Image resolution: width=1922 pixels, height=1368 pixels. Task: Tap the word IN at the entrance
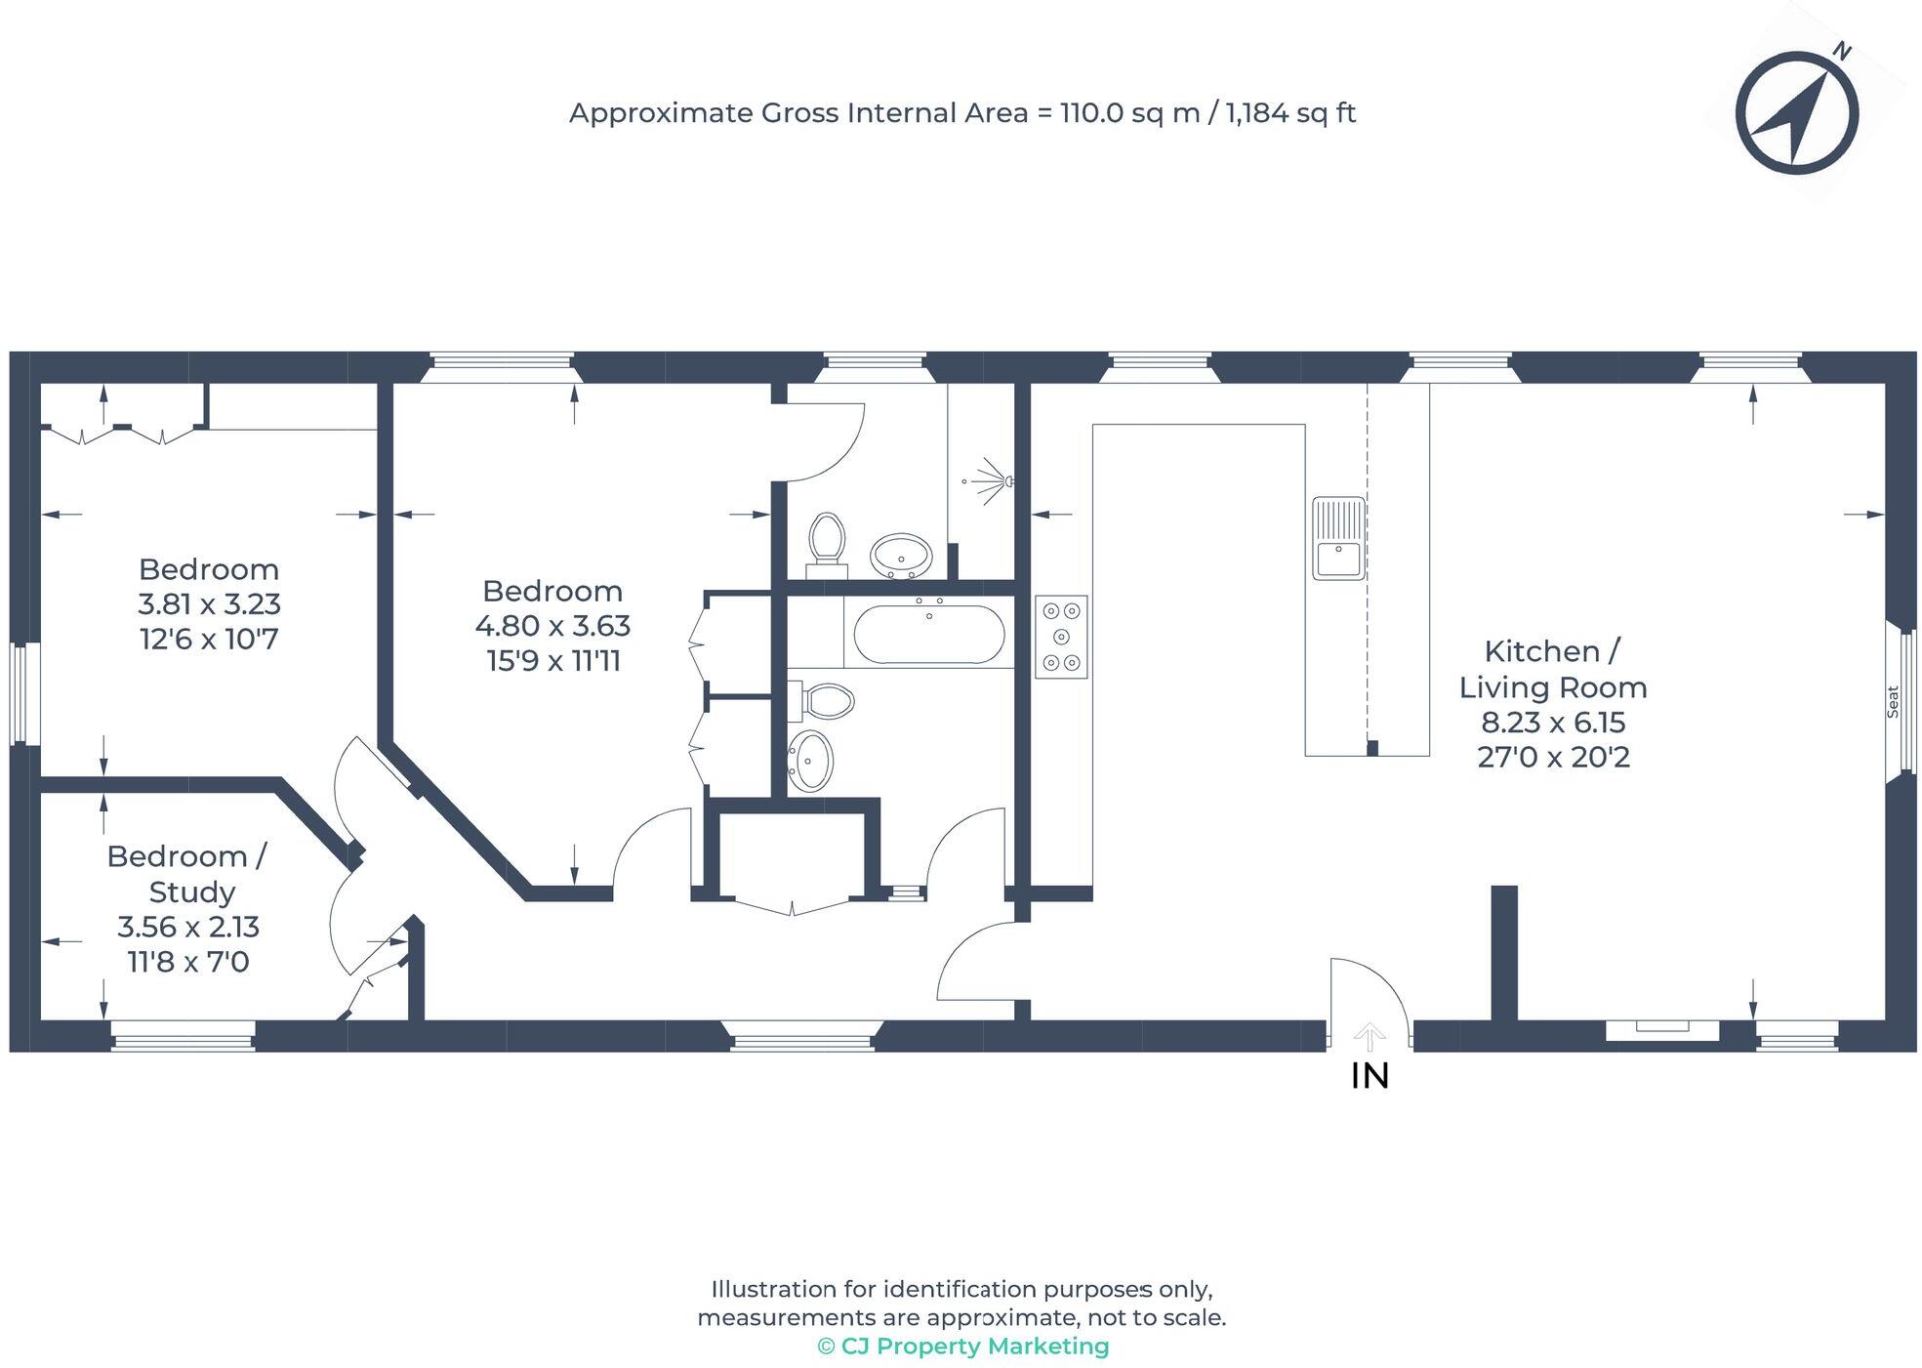(1370, 1076)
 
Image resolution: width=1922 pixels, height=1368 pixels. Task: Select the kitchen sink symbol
(1338, 538)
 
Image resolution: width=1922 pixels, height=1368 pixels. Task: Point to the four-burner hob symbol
(1061, 638)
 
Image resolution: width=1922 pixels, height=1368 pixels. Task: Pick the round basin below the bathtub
(810, 760)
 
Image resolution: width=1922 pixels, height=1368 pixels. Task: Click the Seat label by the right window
(1893, 701)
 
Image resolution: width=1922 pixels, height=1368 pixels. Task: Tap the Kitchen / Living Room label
(1552, 669)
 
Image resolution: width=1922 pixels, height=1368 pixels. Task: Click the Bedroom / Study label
(186, 874)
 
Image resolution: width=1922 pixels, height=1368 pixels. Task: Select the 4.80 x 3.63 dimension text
(552, 626)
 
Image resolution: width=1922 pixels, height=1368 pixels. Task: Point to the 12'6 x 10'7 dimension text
(209, 640)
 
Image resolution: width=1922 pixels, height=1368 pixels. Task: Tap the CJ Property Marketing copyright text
(963, 1347)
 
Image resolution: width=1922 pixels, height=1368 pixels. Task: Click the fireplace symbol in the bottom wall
(1662, 1028)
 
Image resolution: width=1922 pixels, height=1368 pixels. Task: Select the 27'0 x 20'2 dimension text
(1553, 757)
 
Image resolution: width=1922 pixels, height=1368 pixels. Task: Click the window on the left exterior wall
(24, 693)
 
